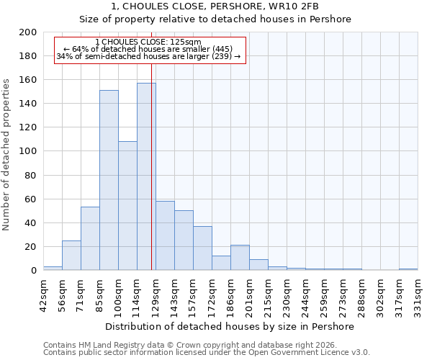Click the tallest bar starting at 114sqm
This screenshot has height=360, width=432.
coord(146,176)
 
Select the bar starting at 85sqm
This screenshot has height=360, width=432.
coord(109,180)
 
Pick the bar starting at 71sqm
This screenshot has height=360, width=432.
coord(90,238)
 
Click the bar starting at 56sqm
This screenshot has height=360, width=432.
coord(71,255)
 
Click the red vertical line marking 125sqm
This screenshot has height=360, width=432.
coord(151,166)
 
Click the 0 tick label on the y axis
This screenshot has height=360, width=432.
coord(33,270)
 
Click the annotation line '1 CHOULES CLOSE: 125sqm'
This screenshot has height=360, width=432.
coord(148,42)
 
